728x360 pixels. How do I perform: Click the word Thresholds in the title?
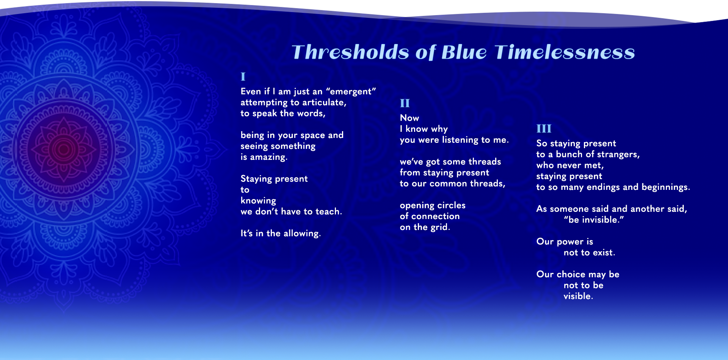pos(350,52)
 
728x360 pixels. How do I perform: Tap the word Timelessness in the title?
pos(565,52)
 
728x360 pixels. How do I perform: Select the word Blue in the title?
pos(464,52)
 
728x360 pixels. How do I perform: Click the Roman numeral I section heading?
pos(243,77)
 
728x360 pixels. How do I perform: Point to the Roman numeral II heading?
pos(405,103)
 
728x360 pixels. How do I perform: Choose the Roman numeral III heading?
pos(544,128)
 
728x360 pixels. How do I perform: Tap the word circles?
pos(451,205)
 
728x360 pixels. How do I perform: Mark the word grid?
pos(440,227)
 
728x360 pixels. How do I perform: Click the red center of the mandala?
pos(64,149)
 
